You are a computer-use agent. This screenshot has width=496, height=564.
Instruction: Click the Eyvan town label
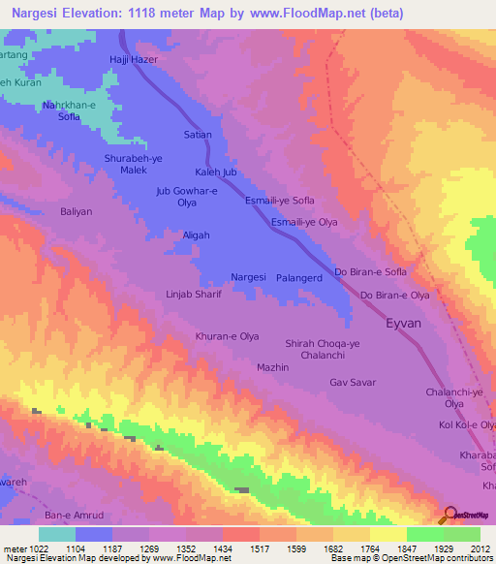point(403,326)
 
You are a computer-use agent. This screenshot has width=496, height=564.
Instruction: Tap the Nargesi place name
point(249,277)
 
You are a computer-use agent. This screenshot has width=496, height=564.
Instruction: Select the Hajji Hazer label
point(133,60)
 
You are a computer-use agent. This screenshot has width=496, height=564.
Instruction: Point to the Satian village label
point(198,135)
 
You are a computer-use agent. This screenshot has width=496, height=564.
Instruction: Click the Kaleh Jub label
point(216,172)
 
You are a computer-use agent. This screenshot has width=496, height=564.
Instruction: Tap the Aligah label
point(197,235)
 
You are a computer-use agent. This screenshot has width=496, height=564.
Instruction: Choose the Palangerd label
point(300,277)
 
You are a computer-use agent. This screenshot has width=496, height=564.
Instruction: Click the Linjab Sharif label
point(194,294)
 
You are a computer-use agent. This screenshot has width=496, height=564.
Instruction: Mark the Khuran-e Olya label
point(227,336)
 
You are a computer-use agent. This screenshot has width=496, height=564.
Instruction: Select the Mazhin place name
point(273,368)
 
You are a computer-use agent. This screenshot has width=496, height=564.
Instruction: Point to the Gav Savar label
point(353,383)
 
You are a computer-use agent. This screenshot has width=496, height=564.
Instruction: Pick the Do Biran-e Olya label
point(394,295)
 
